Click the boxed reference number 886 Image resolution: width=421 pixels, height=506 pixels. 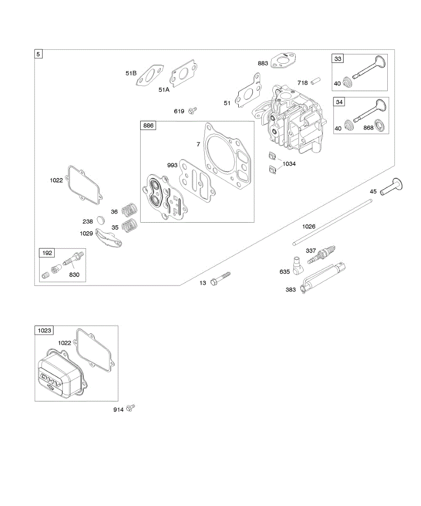pyautogui.click(x=149, y=126)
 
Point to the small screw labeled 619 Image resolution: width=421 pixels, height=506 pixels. pyautogui.click(x=193, y=110)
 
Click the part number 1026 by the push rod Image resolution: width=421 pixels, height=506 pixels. pyautogui.click(x=309, y=226)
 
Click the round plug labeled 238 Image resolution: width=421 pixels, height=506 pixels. pyautogui.click(x=100, y=220)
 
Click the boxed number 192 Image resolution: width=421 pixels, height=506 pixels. pyautogui.click(x=47, y=253)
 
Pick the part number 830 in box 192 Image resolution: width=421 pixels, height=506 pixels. pyautogui.click(x=75, y=275)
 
